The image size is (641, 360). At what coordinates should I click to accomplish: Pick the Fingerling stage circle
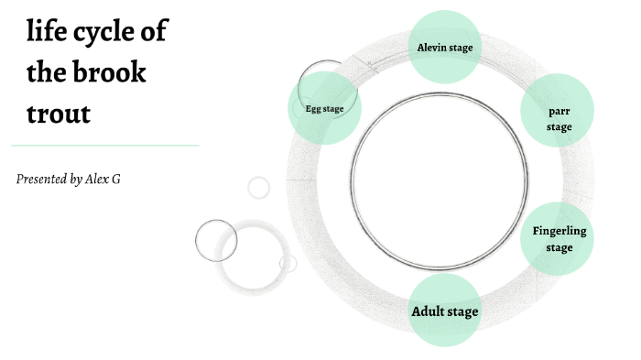(559, 238)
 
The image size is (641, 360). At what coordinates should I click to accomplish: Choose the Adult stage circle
(444, 311)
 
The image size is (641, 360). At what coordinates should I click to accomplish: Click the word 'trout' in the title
(59, 115)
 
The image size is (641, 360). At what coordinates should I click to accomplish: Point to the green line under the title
(104, 145)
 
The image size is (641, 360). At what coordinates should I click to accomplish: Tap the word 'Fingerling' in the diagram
(559, 231)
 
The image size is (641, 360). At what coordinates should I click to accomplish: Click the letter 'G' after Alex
(115, 179)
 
